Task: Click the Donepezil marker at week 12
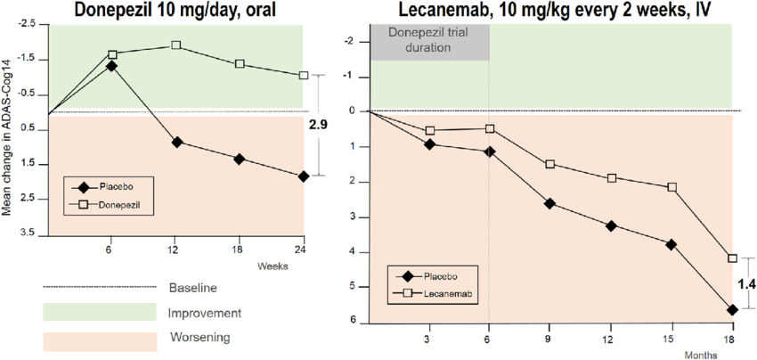tap(176, 45)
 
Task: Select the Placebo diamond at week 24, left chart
tap(304, 176)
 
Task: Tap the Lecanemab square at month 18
tap(732, 258)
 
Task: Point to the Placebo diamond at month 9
tap(549, 203)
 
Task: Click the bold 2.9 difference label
tap(318, 126)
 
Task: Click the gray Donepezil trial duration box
tap(430, 42)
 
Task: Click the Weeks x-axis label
tap(271, 266)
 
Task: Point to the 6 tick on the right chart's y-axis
tap(353, 321)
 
